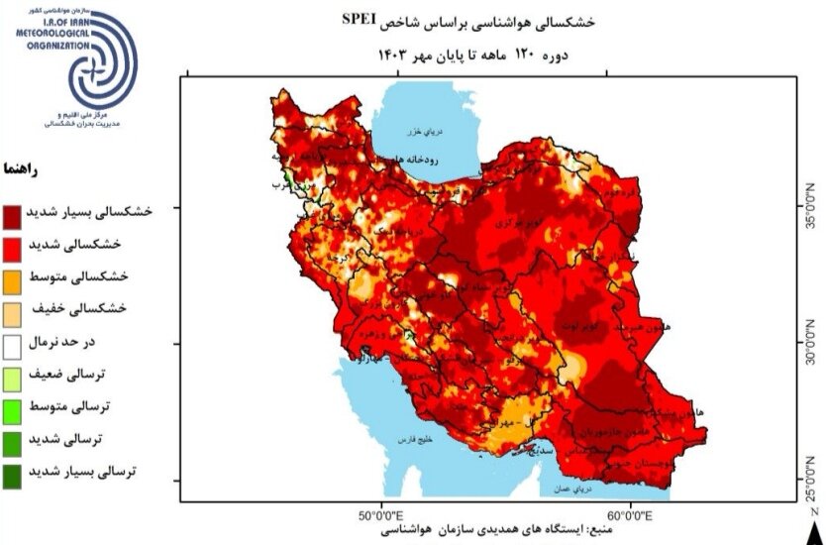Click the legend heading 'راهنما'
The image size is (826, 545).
click(22, 168)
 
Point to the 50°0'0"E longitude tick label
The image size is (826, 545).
click(379, 515)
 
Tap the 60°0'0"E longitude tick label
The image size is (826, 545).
click(628, 515)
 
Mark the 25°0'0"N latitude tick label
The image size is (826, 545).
click(812, 481)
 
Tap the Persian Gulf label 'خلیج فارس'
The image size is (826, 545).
click(416, 437)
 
